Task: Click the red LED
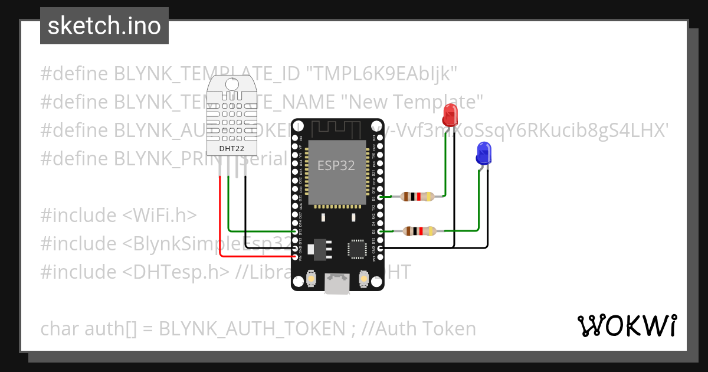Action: (x=450, y=115)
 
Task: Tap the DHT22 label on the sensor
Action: (x=231, y=148)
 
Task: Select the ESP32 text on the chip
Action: (x=336, y=165)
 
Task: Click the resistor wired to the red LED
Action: (x=418, y=197)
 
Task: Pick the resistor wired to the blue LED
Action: (x=419, y=231)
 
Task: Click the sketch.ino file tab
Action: (x=104, y=26)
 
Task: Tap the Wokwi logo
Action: (x=627, y=325)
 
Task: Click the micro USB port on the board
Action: (x=336, y=284)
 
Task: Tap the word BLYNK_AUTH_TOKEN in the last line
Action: (x=251, y=328)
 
